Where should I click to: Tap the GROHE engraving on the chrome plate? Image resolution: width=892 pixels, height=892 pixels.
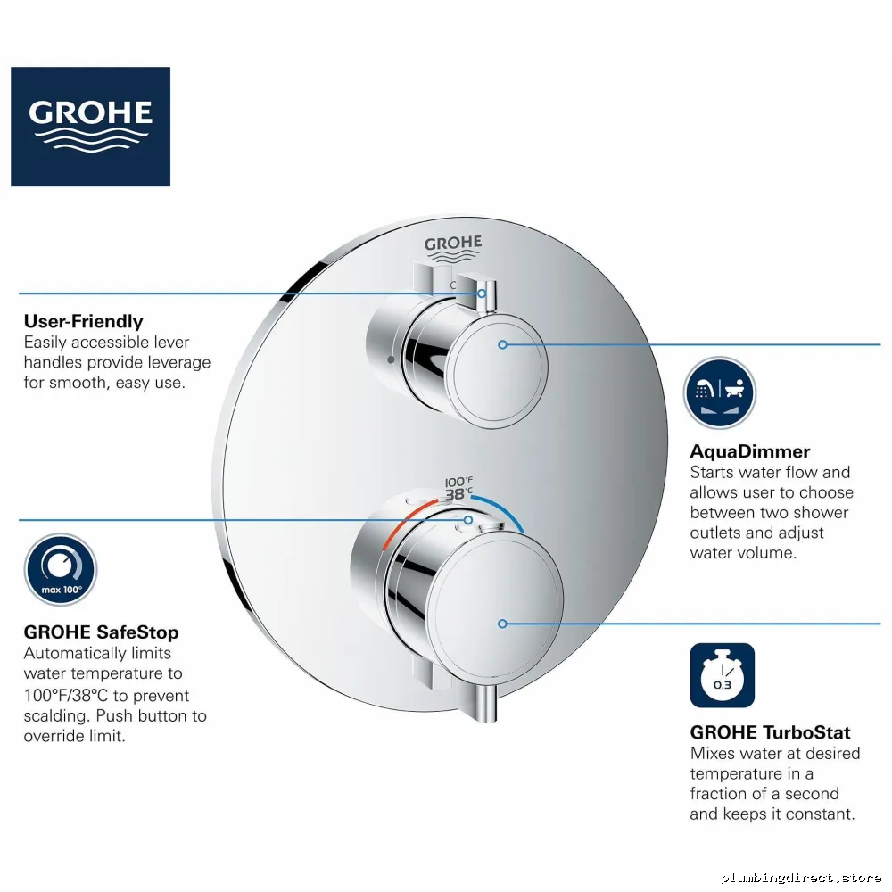(453, 249)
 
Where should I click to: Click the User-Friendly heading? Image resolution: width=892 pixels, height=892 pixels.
(84, 321)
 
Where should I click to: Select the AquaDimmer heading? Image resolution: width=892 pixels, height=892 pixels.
(750, 451)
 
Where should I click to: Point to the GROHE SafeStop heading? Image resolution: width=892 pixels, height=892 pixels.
(102, 632)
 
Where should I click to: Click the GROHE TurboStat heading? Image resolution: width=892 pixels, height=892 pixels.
(771, 732)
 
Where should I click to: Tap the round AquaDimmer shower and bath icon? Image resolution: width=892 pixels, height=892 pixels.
(720, 392)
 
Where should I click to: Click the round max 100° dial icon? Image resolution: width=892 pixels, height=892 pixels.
(61, 569)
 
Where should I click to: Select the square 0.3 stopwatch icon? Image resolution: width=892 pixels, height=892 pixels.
(723, 675)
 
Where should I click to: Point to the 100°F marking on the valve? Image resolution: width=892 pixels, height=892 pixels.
(458, 482)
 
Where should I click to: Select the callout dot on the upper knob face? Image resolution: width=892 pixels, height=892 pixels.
(502, 344)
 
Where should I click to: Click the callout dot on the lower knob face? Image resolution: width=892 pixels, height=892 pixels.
(502, 624)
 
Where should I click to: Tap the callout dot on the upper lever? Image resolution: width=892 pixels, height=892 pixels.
(482, 293)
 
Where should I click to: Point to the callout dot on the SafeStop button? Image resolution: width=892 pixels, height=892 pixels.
(468, 520)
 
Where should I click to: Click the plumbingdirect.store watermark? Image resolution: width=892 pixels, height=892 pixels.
(801, 878)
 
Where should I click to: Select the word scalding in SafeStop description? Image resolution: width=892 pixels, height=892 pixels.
(55, 715)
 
